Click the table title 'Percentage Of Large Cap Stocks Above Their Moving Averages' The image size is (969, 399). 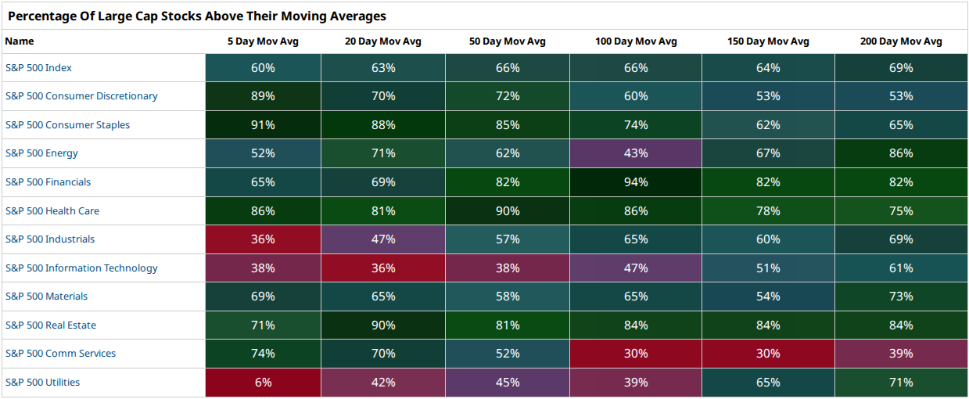(197, 16)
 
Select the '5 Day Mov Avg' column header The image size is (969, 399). (263, 41)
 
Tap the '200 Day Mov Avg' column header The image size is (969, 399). (901, 41)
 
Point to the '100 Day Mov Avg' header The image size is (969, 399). (636, 41)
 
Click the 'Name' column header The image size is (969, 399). (20, 41)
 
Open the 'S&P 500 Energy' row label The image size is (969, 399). (41, 153)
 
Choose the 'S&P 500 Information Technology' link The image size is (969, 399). (81, 268)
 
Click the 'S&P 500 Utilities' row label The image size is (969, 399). (42, 382)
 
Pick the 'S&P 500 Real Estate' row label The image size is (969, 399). (51, 325)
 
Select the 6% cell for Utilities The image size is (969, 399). (263, 383)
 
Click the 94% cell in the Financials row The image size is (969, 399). (636, 182)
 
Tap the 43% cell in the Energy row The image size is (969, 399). (636, 153)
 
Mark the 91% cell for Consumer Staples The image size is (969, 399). (263, 125)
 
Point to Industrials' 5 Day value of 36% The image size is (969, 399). (263, 239)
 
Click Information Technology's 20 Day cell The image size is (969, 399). (383, 268)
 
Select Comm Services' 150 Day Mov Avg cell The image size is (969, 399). (768, 354)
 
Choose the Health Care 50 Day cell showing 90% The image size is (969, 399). (508, 210)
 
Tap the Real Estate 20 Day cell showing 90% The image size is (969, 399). (383, 325)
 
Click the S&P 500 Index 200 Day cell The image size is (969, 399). (901, 68)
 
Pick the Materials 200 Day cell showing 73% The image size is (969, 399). (901, 297)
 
